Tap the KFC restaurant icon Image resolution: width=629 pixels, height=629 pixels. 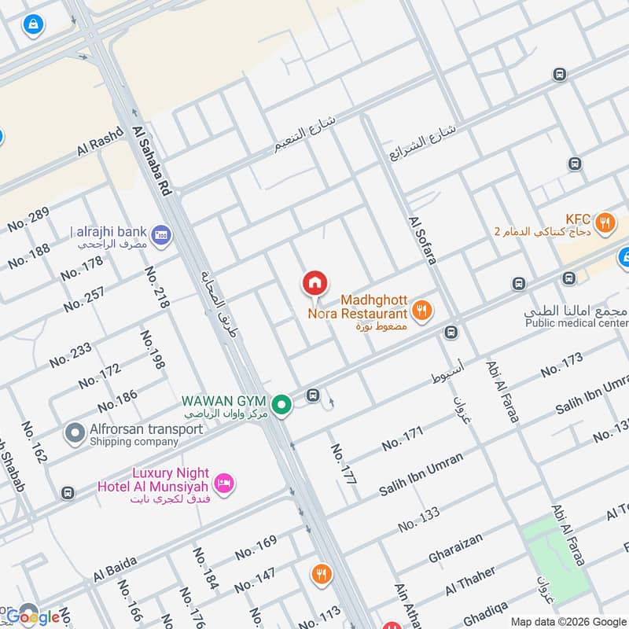(605, 222)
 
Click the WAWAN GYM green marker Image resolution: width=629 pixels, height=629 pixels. (283, 405)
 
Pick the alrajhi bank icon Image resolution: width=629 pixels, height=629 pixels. (161, 234)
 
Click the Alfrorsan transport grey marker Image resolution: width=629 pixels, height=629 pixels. (75, 432)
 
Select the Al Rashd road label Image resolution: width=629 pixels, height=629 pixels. (101, 142)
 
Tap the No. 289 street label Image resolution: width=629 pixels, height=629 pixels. (29, 219)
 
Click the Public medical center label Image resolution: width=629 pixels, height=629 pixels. (576, 323)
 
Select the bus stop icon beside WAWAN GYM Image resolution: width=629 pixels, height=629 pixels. (313, 395)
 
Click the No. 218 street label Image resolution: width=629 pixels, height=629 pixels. (156, 286)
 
